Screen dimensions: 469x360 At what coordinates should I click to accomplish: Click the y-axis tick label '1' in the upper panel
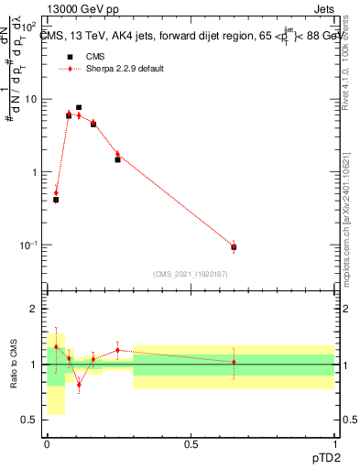pyautogui.click(x=38, y=172)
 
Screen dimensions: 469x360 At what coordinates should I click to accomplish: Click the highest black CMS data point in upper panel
pyautogui.click(x=79, y=107)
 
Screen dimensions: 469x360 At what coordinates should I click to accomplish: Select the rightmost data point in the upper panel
pyautogui.click(x=234, y=247)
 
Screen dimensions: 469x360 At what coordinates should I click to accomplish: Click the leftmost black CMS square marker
pyautogui.click(x=56, y=199)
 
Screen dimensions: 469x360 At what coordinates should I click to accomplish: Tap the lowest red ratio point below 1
pyautogui.click(x=79, y=385)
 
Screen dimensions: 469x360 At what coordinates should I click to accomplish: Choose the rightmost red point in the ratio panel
pyautogui.click(x=234, y=362)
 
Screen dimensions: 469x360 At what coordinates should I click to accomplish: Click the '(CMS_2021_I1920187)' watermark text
pyautogui.click(x=191, y=273)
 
